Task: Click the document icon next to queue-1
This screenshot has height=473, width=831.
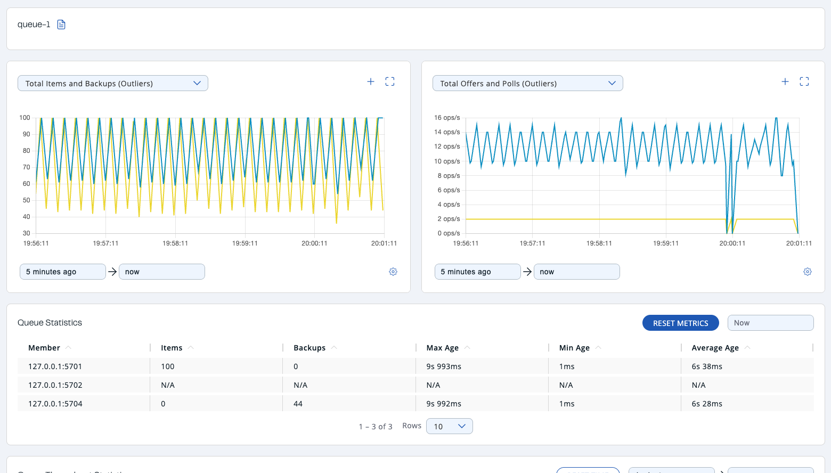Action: pyautogui.click(x=61, y=25)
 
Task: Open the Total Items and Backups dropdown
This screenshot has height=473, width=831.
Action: pyautogui.click(x=113, y=83)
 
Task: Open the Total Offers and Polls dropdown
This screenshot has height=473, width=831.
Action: pyautogui.click(x=527, y=83)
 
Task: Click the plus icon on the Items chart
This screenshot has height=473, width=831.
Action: pyautogui.click(x=371, y=81)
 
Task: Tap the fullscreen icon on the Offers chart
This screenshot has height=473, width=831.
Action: pyautogui.click(x=804, y=81)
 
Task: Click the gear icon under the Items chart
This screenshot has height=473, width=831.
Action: pyautogui.click(x=393, y=272)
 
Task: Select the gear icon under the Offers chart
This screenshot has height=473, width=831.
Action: pyautogui.click(x=808, y=272)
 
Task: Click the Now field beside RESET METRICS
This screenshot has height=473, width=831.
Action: pyautogui.click(x=770, y=323)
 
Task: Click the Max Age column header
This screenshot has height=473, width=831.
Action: pyautogui.click(x=443, y=348)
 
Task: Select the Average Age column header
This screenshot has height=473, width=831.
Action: pyautogui.click(x=715, y=348)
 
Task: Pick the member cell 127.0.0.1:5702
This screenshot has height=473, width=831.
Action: pyautogui.click(x=55, y=385)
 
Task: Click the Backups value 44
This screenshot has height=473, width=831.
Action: pyautogui.click(x=298, y=404)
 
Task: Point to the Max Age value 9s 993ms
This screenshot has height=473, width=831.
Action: pyautogui.click(x=444, y=366)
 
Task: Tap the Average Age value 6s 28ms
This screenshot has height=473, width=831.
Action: pyautogui.click(x=707, y=404)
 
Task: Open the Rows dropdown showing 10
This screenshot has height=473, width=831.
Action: pyautogui.click(x=450, y=426)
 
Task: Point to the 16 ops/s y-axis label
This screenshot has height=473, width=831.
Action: pyautogui.click(x=447, y=118)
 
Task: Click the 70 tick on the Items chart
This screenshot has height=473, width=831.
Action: pyautogui.click(x=26, y=167)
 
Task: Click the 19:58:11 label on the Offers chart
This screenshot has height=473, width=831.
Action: pyautogui.click(x=599, y=243)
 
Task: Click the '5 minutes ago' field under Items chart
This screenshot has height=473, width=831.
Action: pyautogui.click(x=62, y=272)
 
